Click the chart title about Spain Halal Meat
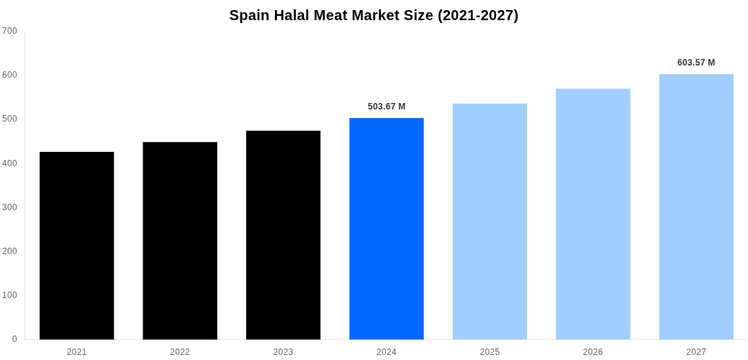[374, 15]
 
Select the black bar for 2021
[77, 246]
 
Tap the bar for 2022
[180, 240]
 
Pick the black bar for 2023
[283, 235]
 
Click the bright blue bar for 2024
[387, 228]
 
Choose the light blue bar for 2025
[490, 221]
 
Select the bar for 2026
[592, 214]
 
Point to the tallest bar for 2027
[696, 207]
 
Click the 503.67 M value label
[387, 107]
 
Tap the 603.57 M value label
[696, 63]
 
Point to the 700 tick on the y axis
[9, 31]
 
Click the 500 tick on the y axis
[9, 119]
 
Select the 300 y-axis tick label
[9, 207]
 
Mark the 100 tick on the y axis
[9, 295]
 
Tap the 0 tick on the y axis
[14, 339]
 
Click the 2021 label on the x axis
[77, 352]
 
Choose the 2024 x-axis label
[387, 352]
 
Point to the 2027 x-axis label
[696, 352]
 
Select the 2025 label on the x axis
[490, 352]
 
